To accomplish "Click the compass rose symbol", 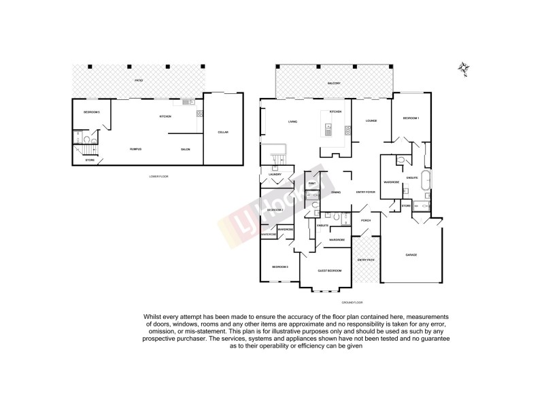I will pyautogui.click(x=462, y=67).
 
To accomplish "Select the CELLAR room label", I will pyautogui.click(x=222, y=131).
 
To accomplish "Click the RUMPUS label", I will pyautogui.click(x=136, y=149).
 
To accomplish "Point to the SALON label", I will pyautogui.click(x=185, y=149).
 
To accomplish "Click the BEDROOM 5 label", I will pyautogui.click(x=92, y=112).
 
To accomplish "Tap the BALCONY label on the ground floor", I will pyautogui.click(x=333, y=83).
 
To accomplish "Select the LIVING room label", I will pyautogui.click(x=292, y=122).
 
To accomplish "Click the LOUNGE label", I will pyautogui.click(x=371, y=122).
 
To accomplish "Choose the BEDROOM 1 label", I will pyautogui.click(x=411, y=119).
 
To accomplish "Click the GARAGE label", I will pyautogui.click(x=411, y=255).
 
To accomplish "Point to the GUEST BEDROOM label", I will pyautogui.click(x=330, y=271).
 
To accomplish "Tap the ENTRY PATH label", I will pyautogui.click(x=366, y=260).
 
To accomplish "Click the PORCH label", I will pyautogui.click(x=366, y=220).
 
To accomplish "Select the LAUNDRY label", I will pyautogui.click(x=275, y=175).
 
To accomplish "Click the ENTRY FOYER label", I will pyautogui.click(x=366, y=192).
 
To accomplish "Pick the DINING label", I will pyautogui.click(x=335, y=192).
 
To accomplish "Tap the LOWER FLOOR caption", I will pyautogui.click(x=158, y=176).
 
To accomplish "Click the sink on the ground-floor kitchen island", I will pyautogui.click(x=327, y=126).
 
